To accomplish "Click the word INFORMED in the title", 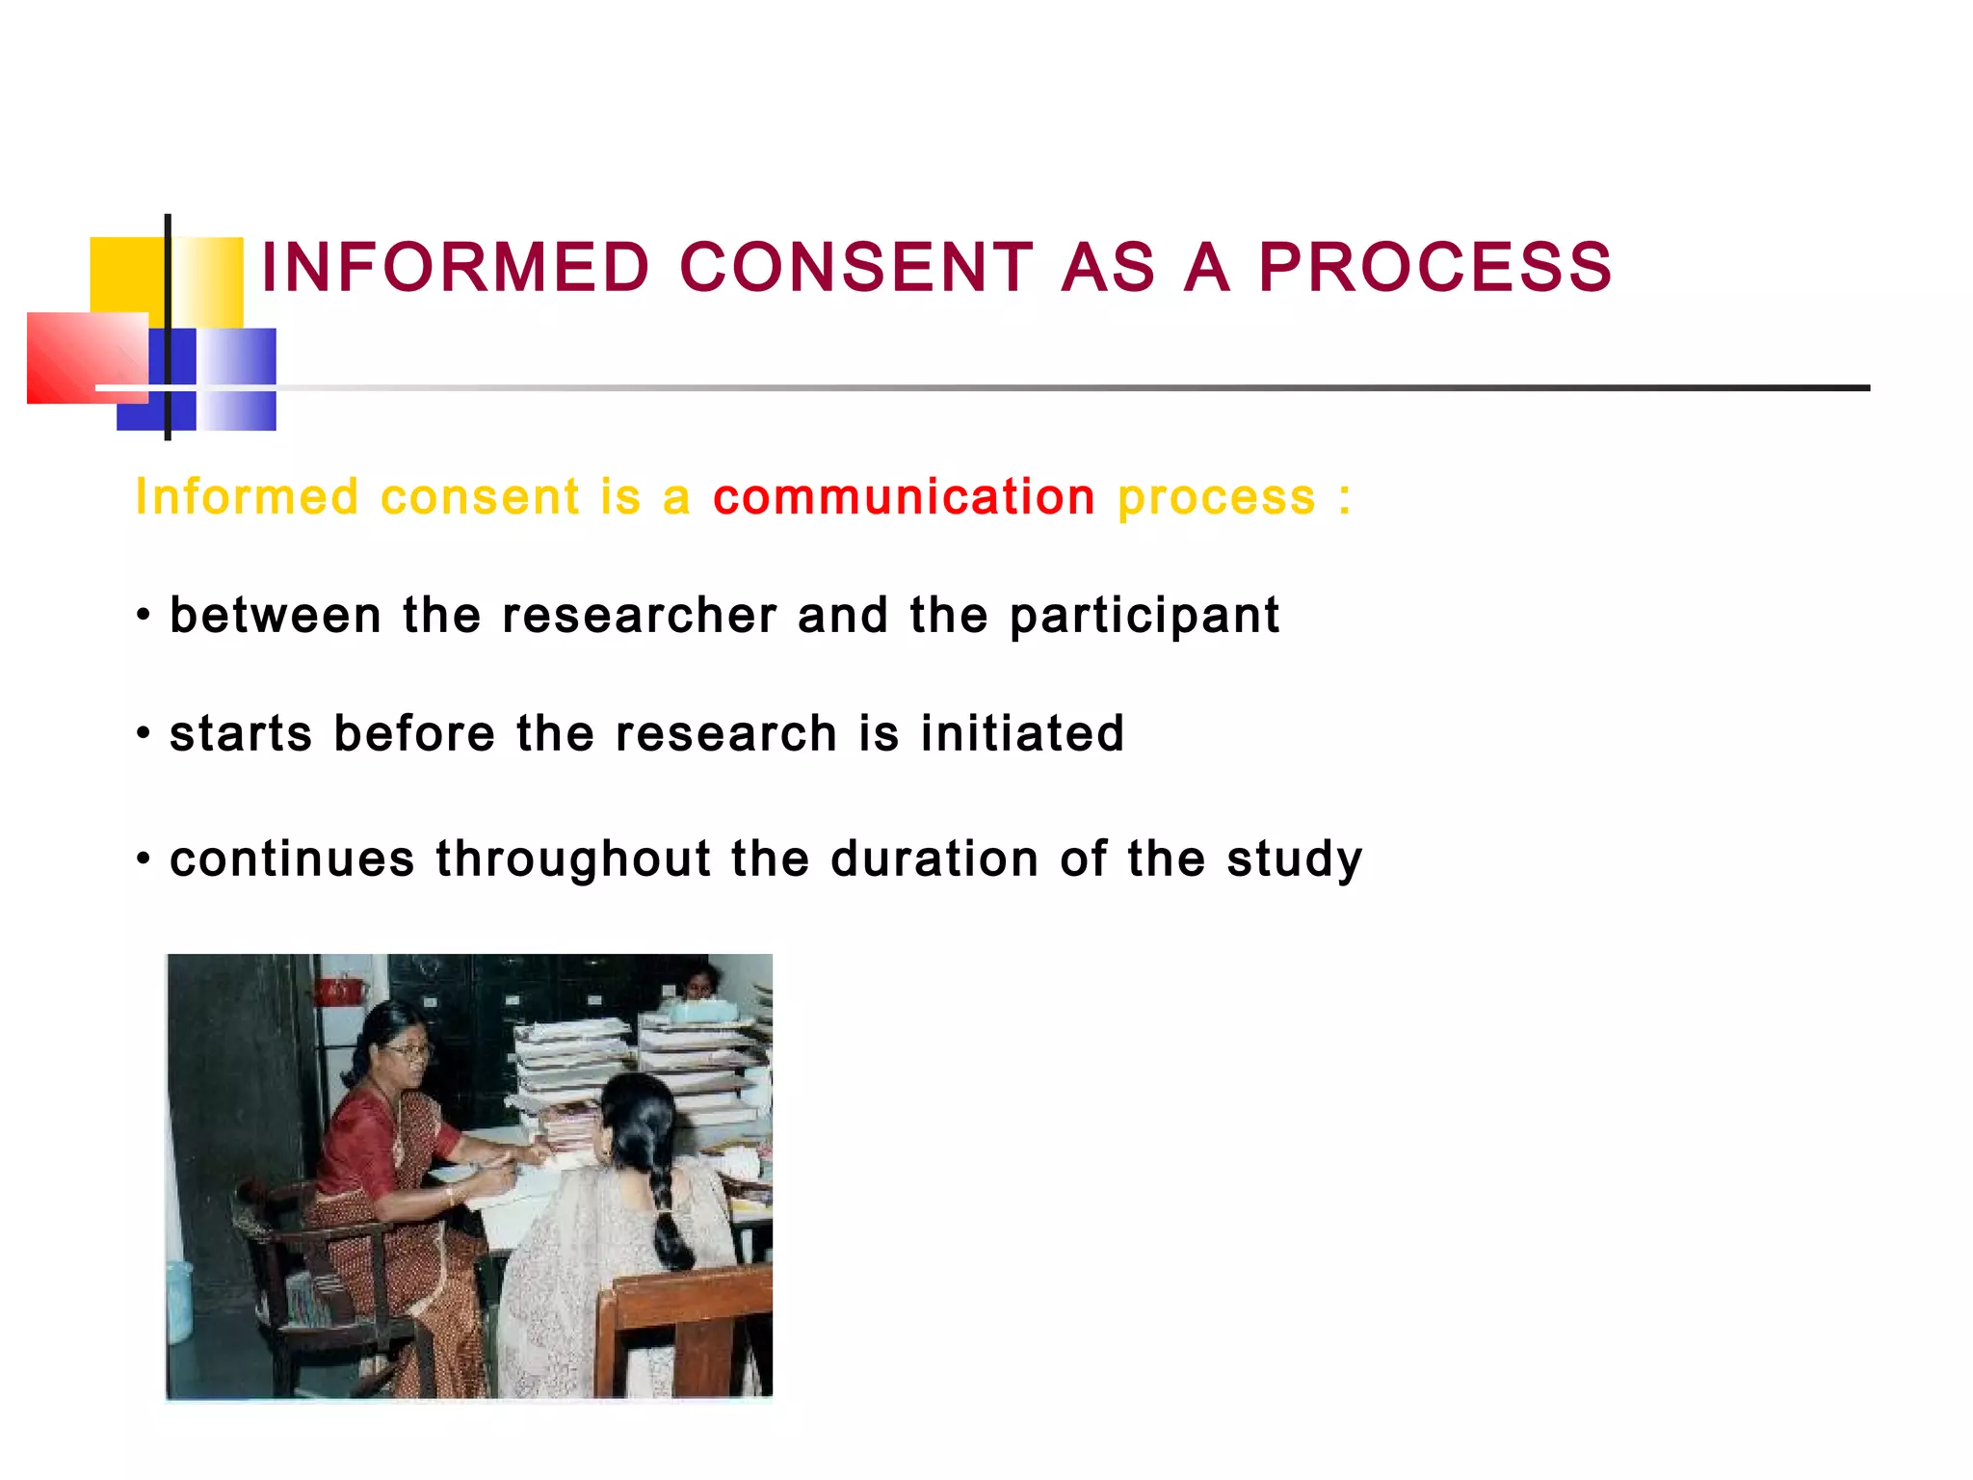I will [x=456, y=267].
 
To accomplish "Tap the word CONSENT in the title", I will [x=856, y=267].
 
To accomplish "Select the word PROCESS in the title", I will [x=1434, y=267].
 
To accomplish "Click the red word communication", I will [x=904, y=497].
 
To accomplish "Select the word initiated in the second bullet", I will [x=1022, y=733].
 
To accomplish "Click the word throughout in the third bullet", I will [x=572, y=859].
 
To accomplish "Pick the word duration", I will [x=934, y=859].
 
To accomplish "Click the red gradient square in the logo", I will [x=82, y=357].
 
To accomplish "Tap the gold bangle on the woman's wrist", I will [x=450, y=1195].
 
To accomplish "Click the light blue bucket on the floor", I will [x=178, y=1301].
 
